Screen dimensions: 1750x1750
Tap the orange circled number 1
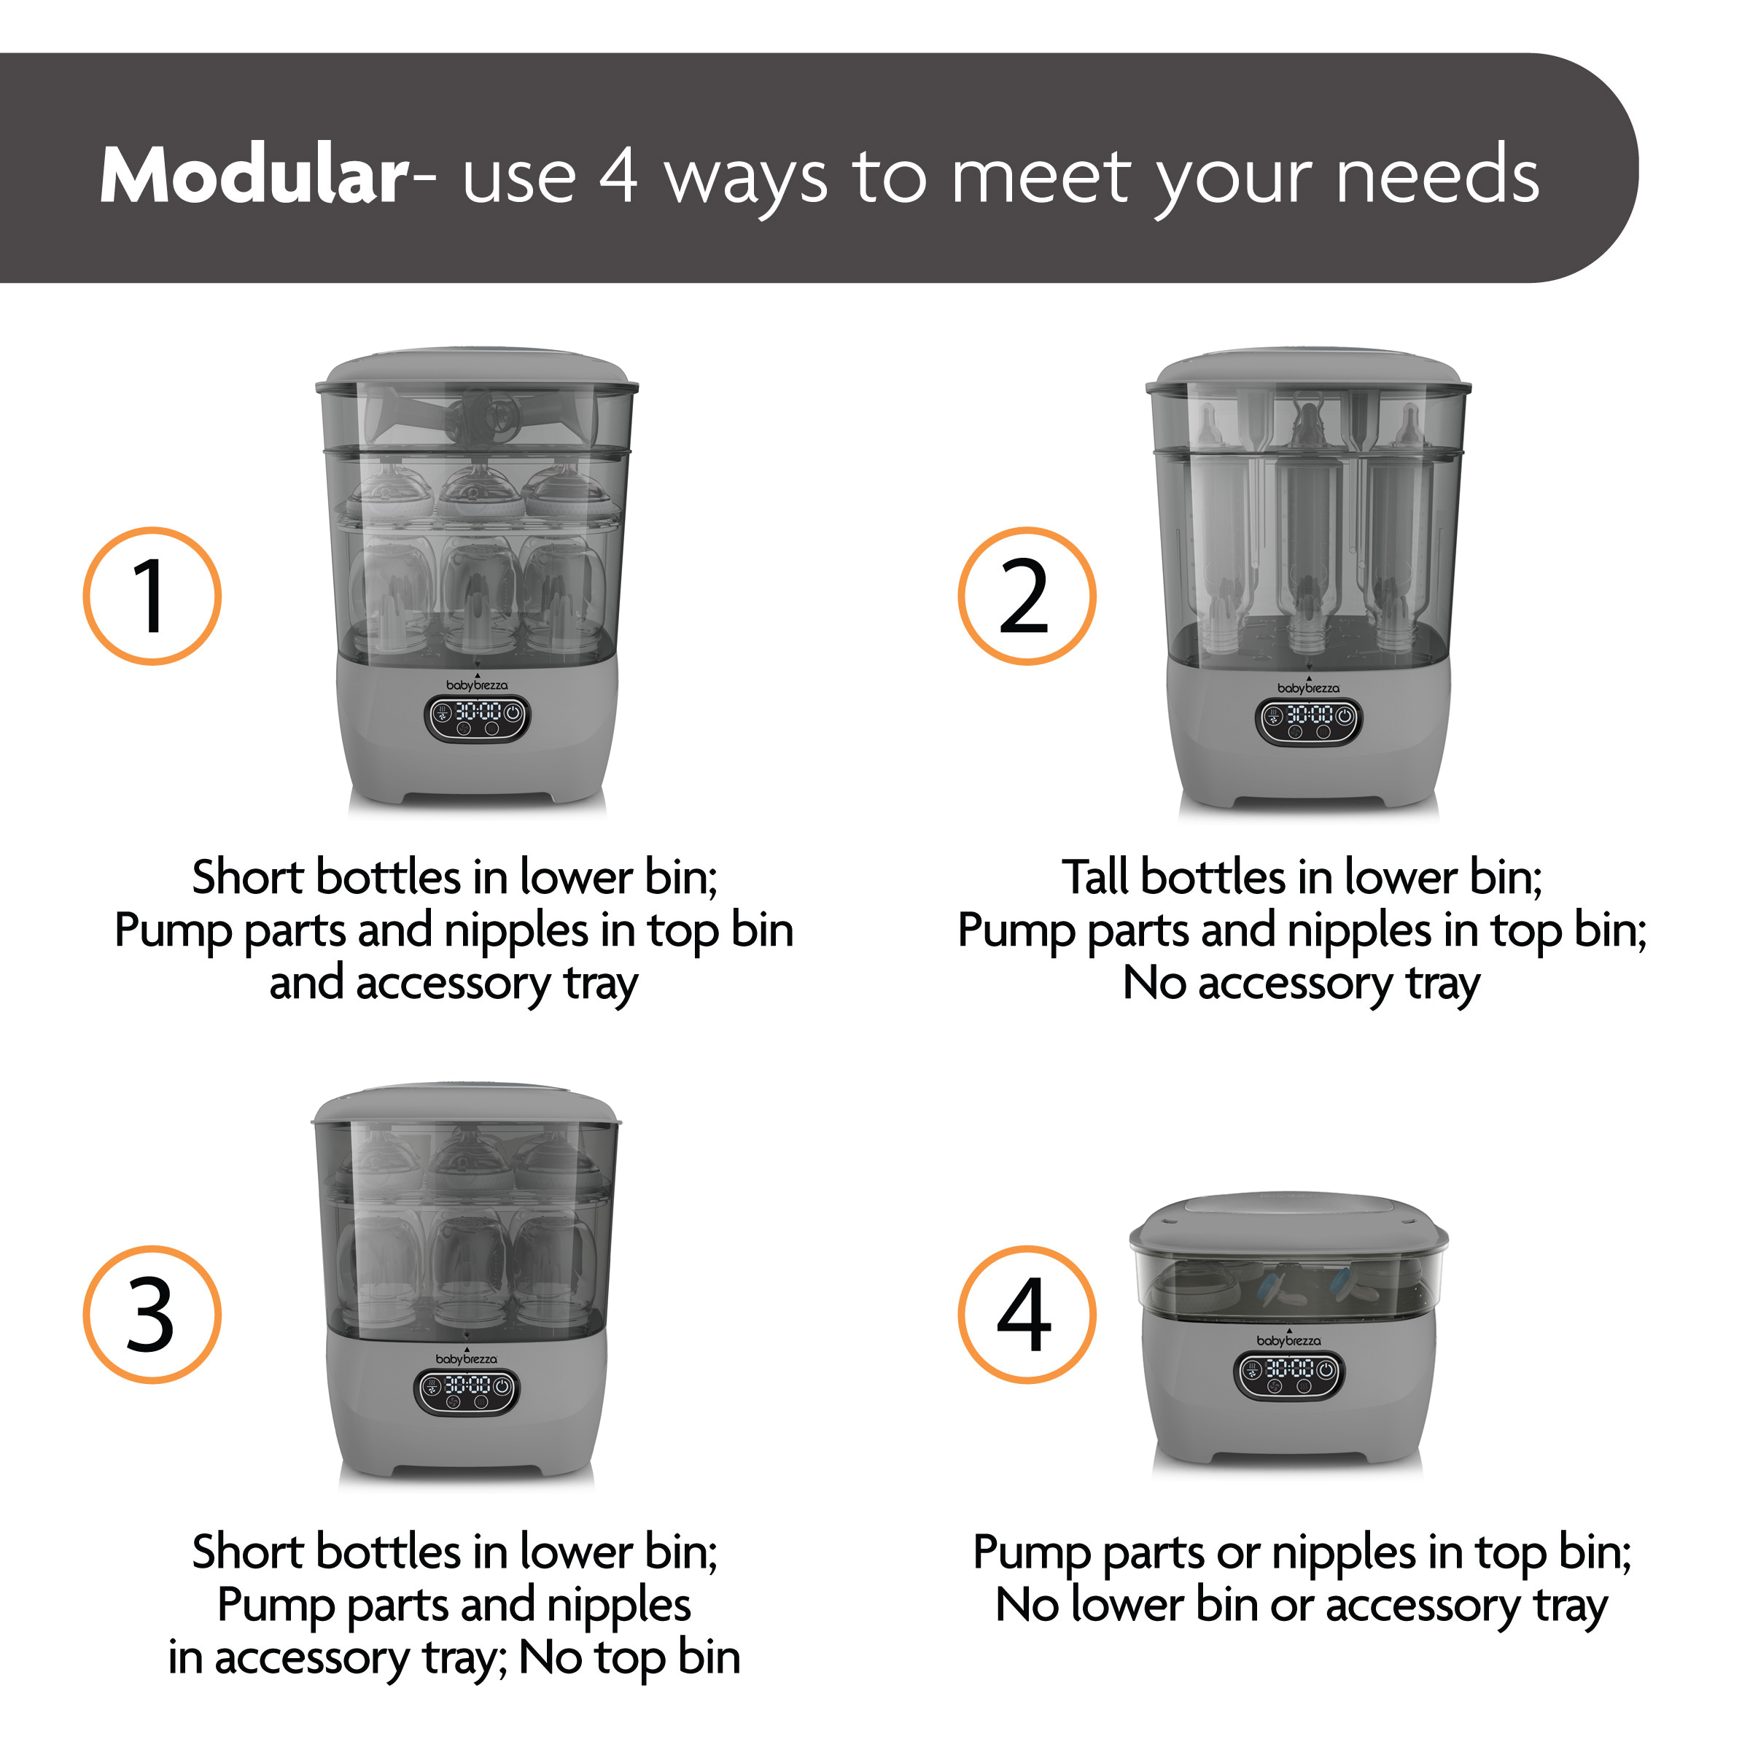click(152, 596)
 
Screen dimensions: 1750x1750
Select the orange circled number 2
click(1027, 596)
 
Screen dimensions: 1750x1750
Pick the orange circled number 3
click(152, 1314)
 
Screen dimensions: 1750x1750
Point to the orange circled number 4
click(1027, 1314)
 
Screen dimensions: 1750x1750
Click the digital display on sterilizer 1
click(478, 719)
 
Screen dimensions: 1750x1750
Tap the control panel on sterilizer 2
click(1308, 722)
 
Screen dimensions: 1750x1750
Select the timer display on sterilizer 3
click(467, 1392)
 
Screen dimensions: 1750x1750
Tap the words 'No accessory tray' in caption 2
click(1302, 984)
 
